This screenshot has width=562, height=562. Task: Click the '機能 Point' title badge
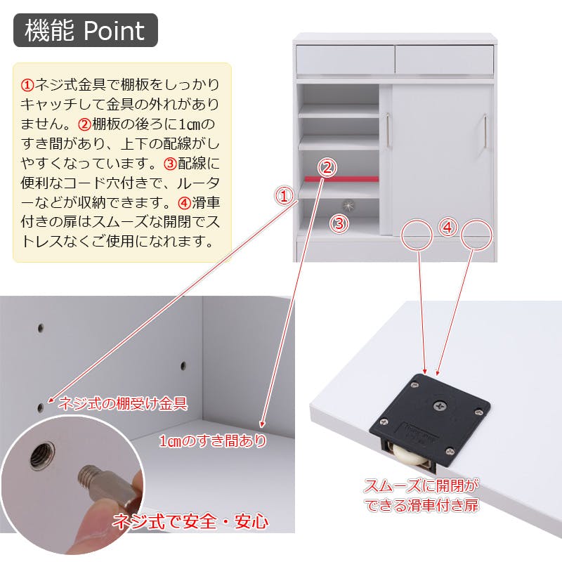coord(86,30)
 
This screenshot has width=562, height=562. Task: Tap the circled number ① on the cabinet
coord(284,196)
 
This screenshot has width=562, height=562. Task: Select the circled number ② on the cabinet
coord(327,168)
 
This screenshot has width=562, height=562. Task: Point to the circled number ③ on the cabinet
coord(339,223)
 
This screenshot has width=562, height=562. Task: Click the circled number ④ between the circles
coord(447,227)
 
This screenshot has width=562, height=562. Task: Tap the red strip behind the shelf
coord(341,179)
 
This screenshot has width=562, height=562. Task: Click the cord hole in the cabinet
coord(348,205)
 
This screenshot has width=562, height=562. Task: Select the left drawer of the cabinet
coord(345,60)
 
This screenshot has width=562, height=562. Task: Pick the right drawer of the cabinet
coord(445,60)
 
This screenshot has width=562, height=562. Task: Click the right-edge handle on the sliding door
coord(485,131)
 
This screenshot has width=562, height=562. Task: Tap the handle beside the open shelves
coord(388,131)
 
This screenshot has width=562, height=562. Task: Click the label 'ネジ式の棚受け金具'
coord(123,403)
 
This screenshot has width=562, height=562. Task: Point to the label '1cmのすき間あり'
coord(213,440)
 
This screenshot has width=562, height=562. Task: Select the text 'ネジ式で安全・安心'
coord(190,521)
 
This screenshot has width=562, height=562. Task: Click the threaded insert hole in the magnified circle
coord(42,455)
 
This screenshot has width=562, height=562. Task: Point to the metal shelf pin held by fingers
coord(107,484)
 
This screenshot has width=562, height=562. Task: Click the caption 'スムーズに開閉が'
coord(421,486)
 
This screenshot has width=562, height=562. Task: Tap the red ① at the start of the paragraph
coord(27,85)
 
